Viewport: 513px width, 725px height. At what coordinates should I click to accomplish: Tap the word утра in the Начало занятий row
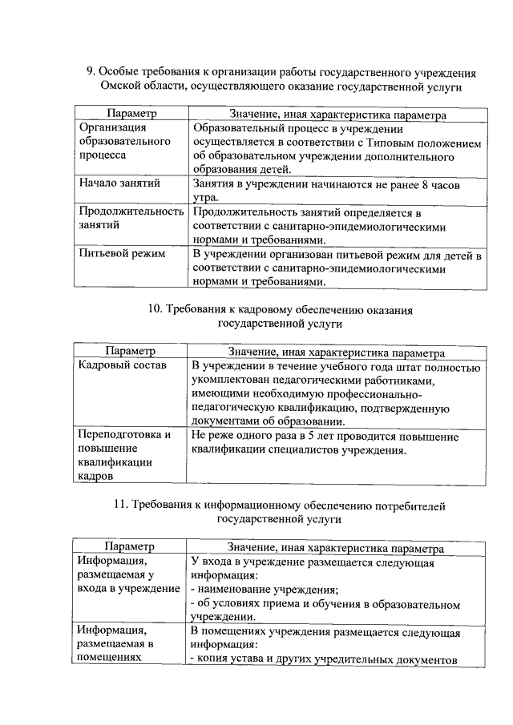(x=204, y=197)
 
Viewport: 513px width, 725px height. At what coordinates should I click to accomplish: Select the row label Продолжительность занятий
(x=131, y=219)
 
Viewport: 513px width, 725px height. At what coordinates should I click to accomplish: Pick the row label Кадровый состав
(x=122, y=366)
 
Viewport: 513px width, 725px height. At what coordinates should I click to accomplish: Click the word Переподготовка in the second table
(x=124, y=437)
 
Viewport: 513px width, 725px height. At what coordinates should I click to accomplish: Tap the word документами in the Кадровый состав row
(x=226, y=422)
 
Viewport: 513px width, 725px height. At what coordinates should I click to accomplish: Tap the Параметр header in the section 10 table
(x=128, y=352)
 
